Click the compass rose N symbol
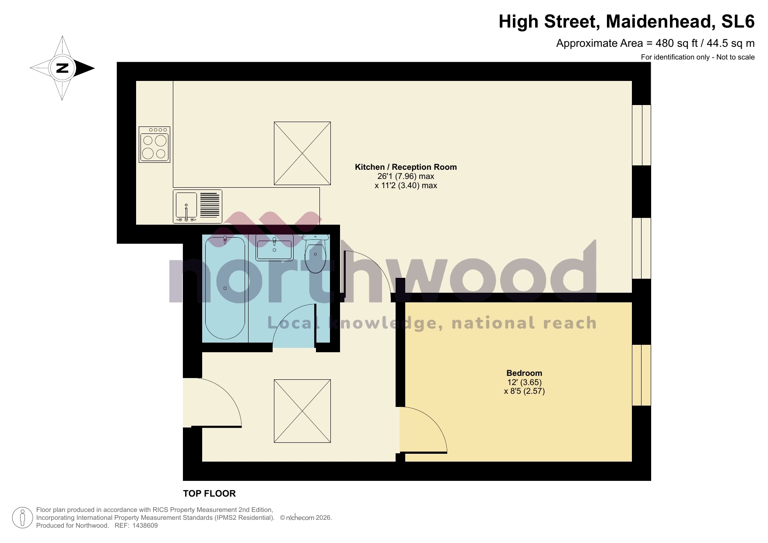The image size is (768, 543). (x=63, y=68)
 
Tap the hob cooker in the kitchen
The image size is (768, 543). (x=154, y=145)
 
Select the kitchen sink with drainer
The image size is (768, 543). (x=197, y=206)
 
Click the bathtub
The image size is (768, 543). (x=225, y=288)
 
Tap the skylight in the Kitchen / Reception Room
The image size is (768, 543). (x=302, y=153)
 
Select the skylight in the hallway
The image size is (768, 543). (x=302, y=411)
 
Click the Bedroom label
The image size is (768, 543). (x=524, y=373)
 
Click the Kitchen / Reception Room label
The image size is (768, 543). (x=406, y=167)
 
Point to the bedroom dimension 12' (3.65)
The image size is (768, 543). (x=524, y=382)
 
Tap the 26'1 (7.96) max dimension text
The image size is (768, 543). (x=406, y=176)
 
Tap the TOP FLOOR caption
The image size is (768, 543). (x=209, y=494)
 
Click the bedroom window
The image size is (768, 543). (x=642, y=375)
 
